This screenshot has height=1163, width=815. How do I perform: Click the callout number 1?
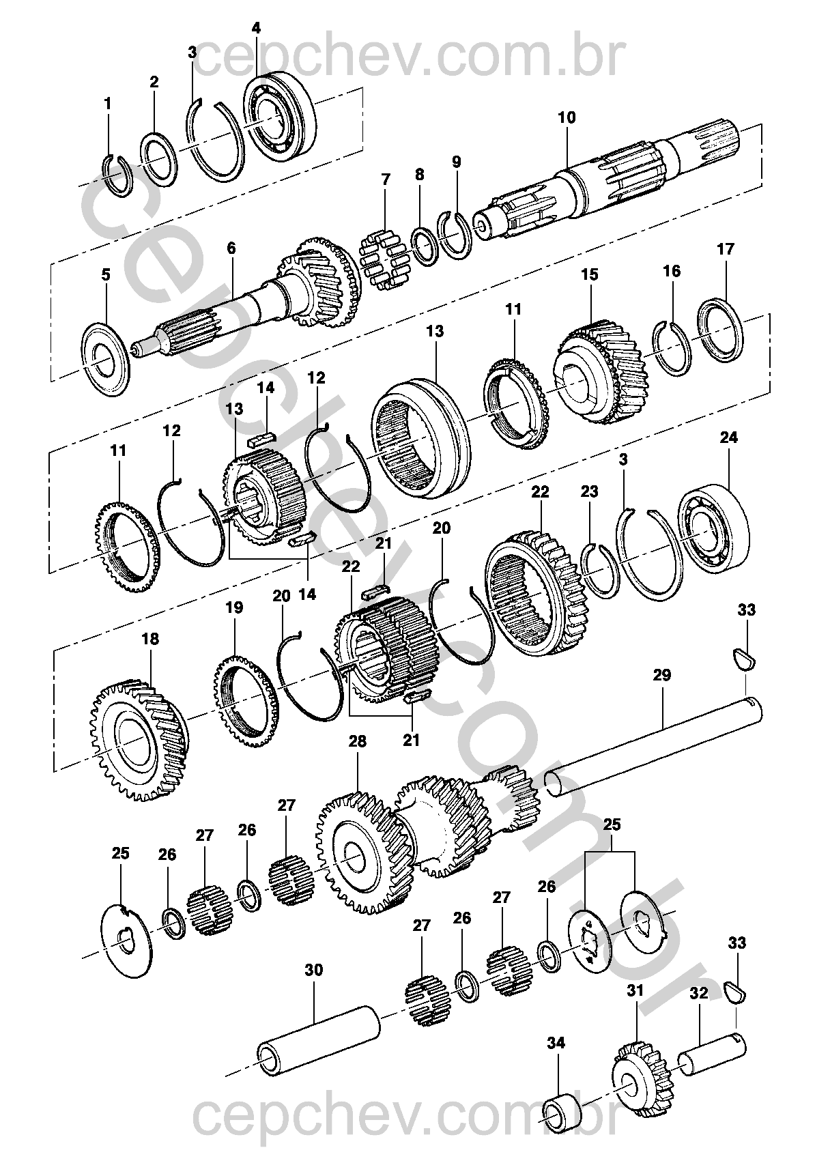(x=107, y=104)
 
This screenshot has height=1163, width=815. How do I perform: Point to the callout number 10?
(x=567, y=117)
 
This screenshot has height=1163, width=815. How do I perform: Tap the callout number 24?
(x=729, y=437)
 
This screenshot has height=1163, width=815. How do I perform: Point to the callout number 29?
(x=661, y=676)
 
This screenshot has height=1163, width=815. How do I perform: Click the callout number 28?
(x=358, y=742)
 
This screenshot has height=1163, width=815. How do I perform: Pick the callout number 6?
(x=231, y=247)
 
